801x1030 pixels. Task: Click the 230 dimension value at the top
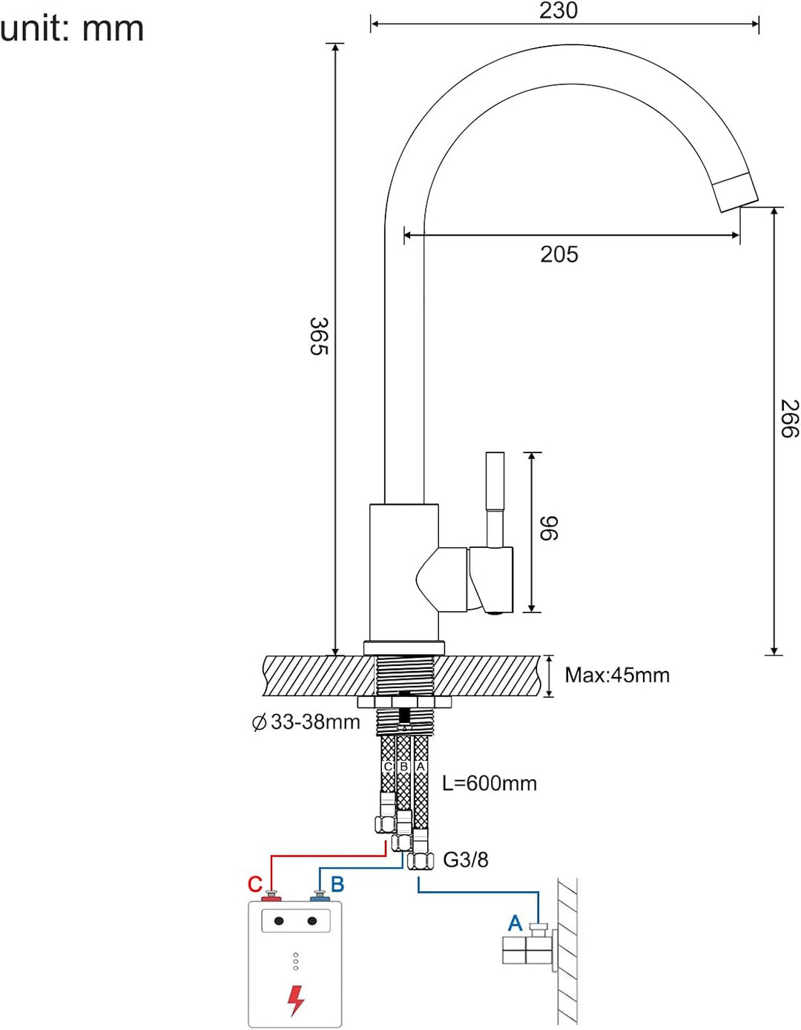click(x=558, y=10)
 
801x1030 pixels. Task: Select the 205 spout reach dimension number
click(x=558, y=254)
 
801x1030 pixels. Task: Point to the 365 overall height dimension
click(x=318, y=336)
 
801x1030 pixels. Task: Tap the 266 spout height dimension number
click(x=789, y=418)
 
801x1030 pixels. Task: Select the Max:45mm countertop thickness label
click(x=616, y=676)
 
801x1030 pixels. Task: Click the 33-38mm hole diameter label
click(x=306, y=722)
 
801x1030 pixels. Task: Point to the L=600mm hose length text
click(x=489, y=783)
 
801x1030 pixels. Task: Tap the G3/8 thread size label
click(x=465, y=860)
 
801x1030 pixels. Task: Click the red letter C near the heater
click(x=254, y=885)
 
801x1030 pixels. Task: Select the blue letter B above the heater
click(x=337, y=885)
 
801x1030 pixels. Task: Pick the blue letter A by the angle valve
click(x=515, y=923)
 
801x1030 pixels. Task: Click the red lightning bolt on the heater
click(x=295, y=1000)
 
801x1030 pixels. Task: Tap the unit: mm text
click(x=72, y=30)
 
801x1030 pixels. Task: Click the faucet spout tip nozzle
click(x=735, y=191)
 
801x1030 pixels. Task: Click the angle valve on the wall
click(x=528, y=947)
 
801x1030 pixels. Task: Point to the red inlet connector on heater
click(x=271, y=898)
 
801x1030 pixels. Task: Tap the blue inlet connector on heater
click(x=320, y=898)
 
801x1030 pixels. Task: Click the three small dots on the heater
click(x=295, y=962)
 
